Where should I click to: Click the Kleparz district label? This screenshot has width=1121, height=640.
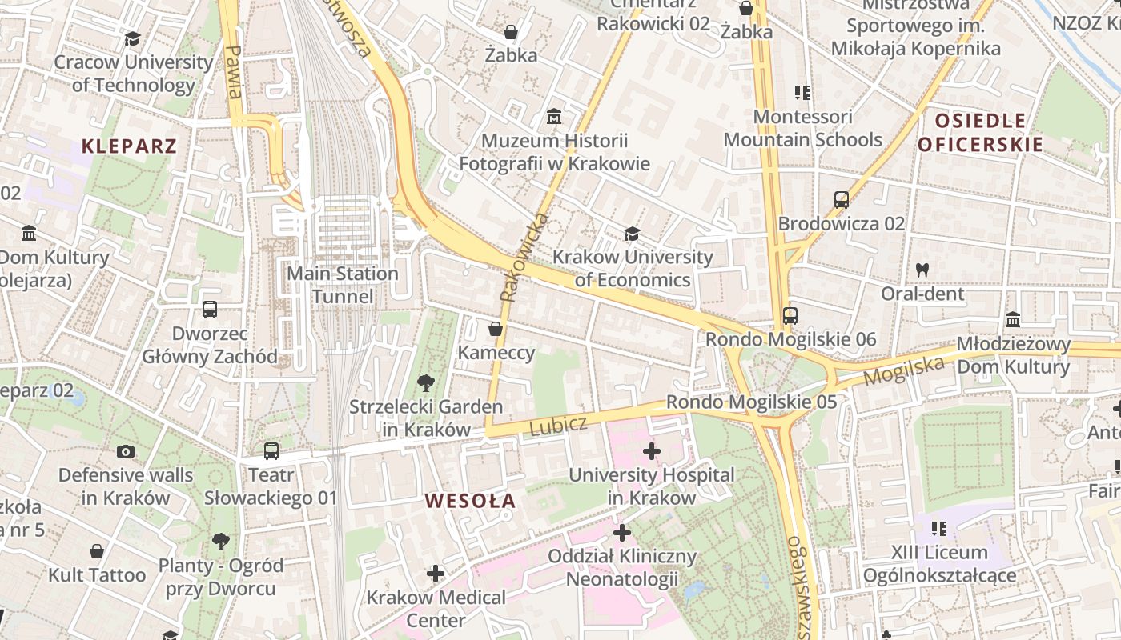pos(129,146)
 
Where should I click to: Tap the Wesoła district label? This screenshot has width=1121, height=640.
pos(470,502)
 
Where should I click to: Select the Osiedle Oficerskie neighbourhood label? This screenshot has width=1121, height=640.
pos(980,133)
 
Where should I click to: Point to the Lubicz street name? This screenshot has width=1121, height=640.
pos(558,425)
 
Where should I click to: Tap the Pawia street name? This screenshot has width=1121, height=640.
pos(234,71)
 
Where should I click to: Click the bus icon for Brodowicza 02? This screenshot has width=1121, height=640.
pos(842,200)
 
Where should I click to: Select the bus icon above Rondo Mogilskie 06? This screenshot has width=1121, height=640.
pos(790,315)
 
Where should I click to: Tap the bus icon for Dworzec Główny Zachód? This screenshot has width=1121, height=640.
pos(210,309)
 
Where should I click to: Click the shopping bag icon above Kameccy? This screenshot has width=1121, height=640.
pos(496,329)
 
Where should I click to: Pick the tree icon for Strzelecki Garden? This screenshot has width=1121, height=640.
pos(426,383)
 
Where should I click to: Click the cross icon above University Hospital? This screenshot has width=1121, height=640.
pos(652,451)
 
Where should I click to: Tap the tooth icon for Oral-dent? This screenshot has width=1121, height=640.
pos(922,270)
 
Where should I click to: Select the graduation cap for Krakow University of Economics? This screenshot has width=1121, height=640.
pos(632,234)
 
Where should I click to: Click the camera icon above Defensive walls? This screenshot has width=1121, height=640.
pos(126,451)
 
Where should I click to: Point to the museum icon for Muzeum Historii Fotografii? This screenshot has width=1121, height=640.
pos(553,118)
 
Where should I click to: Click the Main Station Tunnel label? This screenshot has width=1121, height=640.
pos(343,285)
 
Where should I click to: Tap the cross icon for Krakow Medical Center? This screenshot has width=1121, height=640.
pos(436,574)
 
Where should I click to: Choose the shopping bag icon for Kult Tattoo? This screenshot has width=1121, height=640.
pos(97,551)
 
